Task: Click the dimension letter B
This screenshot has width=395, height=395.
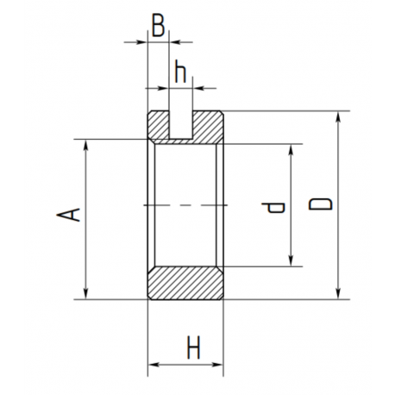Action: [x=159, y=26]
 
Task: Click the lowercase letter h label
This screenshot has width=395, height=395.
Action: [x=180, y=72]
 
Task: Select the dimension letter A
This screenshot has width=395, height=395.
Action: [x=68, y=215]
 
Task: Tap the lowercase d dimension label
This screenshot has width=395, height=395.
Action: [x=273, y=207]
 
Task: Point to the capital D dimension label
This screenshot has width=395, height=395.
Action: [x=321, y=204]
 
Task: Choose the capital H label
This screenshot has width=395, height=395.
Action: [x=193, y=348]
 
